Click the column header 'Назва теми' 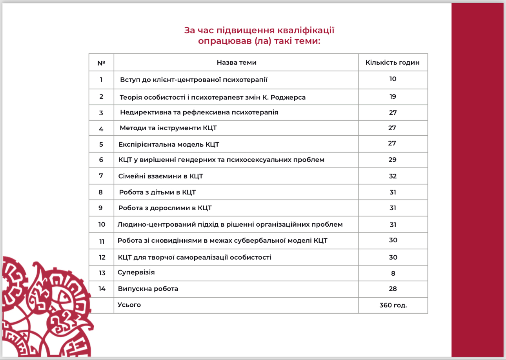click(237, 62)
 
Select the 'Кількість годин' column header click(392, 62)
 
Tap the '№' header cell click(101, 63)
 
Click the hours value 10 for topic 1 click(393, 79)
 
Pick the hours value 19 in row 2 click(393, 96)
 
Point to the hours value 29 click(393, 160)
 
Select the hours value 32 click(393, 176)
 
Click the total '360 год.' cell click(393, 305)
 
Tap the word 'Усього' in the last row click(129, 305)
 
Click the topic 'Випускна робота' click(148, 289)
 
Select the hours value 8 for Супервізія click(393, 273)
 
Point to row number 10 click(102, 224)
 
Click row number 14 click(102, 289)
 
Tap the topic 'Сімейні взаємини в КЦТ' click(160, 176)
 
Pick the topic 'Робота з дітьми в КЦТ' click(157, 192)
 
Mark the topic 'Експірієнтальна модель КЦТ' click(169, 144)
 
